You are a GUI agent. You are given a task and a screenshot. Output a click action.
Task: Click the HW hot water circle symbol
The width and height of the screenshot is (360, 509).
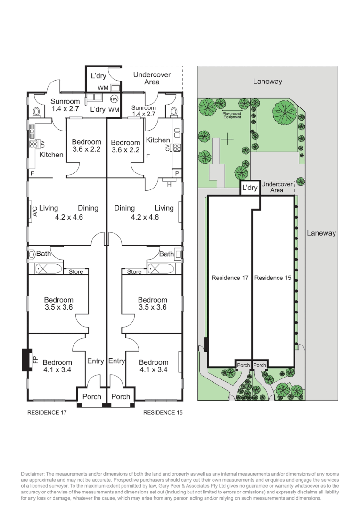coord(114,99)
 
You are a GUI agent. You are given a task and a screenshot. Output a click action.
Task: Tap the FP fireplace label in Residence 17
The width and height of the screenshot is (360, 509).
coord(35,360)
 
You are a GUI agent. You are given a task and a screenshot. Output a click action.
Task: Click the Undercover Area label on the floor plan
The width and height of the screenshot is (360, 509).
coord(152,78)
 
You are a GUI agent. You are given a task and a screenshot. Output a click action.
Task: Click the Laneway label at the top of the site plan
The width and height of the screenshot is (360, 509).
coord(267,81)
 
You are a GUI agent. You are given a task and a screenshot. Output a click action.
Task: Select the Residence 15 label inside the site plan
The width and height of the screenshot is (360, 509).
coord(273,278)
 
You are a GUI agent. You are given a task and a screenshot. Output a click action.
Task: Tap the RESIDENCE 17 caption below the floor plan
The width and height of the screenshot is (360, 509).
coord(47,412)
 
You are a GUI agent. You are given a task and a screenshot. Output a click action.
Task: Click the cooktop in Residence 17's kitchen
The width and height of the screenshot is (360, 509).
coord(33,145)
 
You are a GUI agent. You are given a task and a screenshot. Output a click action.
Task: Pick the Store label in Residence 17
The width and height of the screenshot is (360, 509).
coord(76,271)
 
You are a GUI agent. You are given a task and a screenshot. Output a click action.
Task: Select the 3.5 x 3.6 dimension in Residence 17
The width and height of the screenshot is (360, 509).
coord(59,307)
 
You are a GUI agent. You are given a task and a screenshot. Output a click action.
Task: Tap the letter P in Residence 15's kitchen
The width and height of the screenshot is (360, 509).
coord(177,173)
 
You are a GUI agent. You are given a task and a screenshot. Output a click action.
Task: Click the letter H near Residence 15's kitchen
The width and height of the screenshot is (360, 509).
coord(169,184)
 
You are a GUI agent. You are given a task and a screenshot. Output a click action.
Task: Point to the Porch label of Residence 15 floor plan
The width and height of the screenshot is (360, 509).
coord(121,396)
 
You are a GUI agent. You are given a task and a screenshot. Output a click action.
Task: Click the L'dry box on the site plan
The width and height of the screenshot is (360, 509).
coord(250,188)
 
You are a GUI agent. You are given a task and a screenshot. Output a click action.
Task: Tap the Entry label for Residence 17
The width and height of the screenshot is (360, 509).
coord(95,361)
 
